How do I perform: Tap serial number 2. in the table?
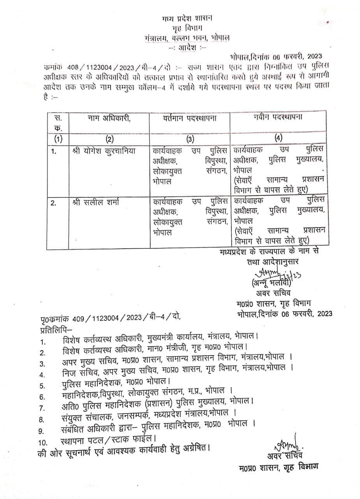click(x=54, y=203)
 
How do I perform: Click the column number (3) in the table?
click(x=190, y=138)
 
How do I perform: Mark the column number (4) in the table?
click(x=278, y=138)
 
